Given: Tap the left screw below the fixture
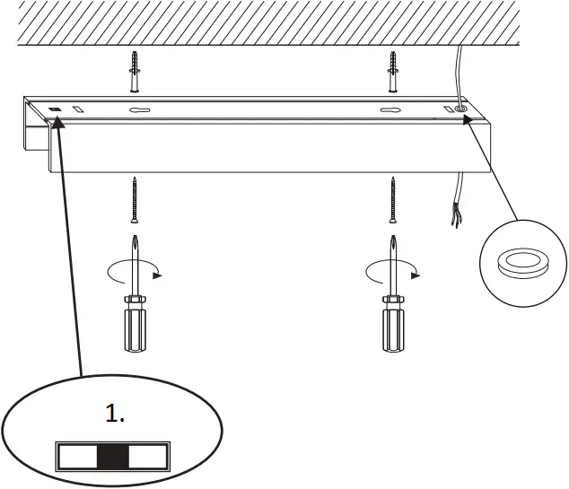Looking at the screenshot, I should [x=135, y=199].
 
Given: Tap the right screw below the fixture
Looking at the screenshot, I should [x=392, y=199].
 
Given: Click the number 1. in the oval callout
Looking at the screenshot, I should [x=115, y=414].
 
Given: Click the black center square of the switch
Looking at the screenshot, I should [x=113, y=456].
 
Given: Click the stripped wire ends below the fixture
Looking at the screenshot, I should [x=455, y=215].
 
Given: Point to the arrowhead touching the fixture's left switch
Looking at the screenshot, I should [x=58, y=125].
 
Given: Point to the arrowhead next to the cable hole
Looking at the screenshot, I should [x=467, y=119].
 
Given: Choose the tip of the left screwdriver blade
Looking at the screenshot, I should [x=135, y=236].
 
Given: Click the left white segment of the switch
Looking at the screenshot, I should [x=77, y=456].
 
